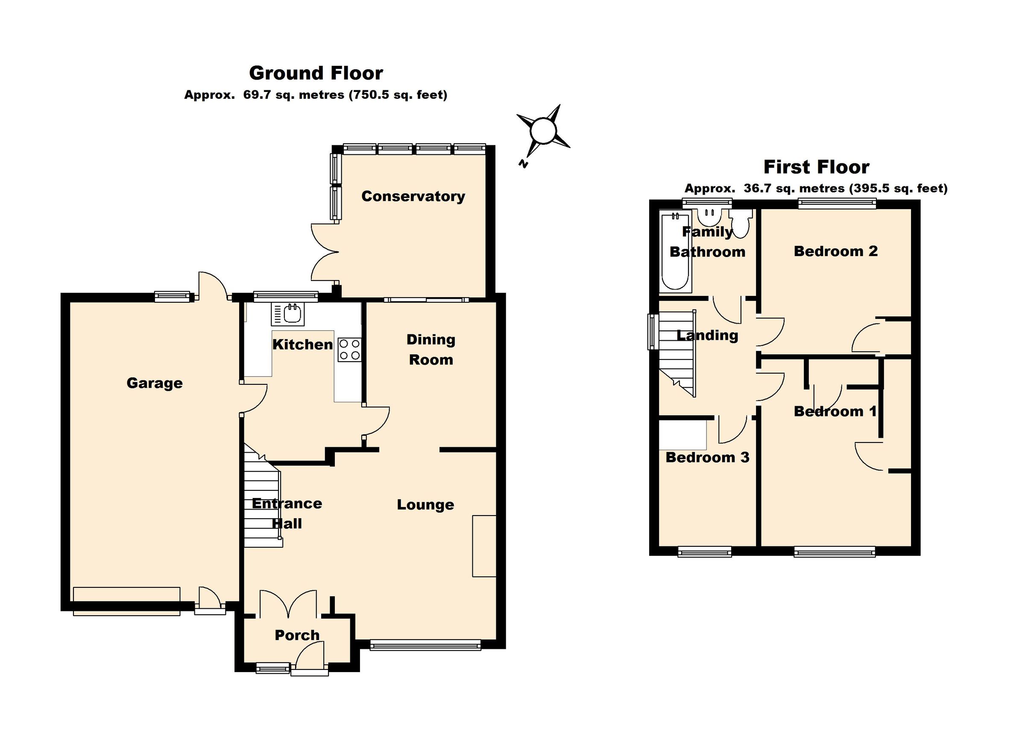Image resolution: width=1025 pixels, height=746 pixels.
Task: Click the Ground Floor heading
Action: [x=316, y=73]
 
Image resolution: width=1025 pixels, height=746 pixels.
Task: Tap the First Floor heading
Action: [x=816, y=167]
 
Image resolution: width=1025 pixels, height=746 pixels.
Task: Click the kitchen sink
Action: [x=288, y=314]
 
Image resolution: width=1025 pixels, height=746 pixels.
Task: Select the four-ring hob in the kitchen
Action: [x=349, y=350]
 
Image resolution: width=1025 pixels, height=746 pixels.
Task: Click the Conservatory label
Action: [x=413, y=196]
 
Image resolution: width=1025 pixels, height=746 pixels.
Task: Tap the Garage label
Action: [x=155, y=383]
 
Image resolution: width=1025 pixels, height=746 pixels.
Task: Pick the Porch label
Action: [x=297, y=635]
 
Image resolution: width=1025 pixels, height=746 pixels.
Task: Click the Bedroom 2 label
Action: [x=836, y=251]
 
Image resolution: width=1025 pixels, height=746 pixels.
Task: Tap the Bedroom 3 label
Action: [x=707, y=457]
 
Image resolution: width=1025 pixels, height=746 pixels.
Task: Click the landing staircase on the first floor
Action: [x=676, y=353]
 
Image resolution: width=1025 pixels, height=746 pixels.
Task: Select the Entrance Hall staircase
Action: [x=263, y=502]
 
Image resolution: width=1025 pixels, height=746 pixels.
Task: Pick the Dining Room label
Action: [x=430, y=349]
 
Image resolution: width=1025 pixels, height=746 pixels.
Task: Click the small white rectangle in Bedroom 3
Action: [x=682, y=435]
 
